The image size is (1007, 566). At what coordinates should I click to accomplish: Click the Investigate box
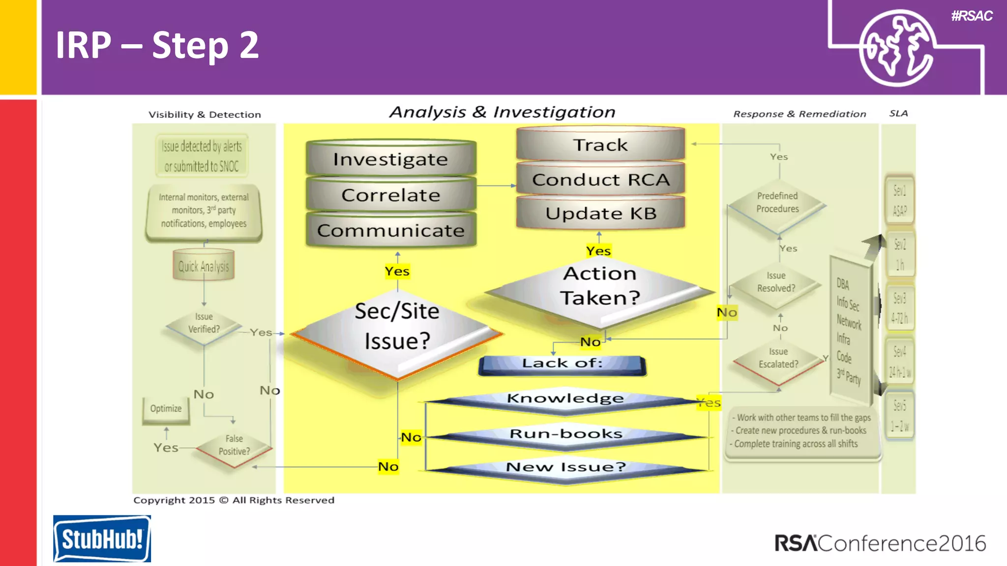point(391,159)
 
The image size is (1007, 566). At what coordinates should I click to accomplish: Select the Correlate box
point(391,195)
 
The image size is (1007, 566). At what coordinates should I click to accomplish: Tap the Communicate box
point(391,230)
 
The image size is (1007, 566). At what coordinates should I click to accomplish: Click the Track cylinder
point(600,145)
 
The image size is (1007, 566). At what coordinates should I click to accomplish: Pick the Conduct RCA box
point(600,180)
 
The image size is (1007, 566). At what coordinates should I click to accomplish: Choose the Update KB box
point(600,214)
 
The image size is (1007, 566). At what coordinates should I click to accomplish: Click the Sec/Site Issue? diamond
point(397,327)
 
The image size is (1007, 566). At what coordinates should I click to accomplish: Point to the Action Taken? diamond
point(600,286)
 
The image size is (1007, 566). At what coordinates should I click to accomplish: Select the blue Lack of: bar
point(562,364)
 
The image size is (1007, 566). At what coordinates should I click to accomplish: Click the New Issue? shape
point(565,467)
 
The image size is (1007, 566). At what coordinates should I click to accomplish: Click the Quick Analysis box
point(204,266)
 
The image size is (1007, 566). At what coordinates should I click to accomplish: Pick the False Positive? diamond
point(234,445)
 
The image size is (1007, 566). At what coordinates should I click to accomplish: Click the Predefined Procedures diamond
point(777,203)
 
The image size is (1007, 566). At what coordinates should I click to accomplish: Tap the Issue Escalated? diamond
point(778,358)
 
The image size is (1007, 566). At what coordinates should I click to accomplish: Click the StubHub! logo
point(102,538)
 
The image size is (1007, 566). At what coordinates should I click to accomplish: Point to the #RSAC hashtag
point(972,16)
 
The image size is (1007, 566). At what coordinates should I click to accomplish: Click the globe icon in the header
point(896,48)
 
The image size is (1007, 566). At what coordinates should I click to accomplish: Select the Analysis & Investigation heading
point(502,112)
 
